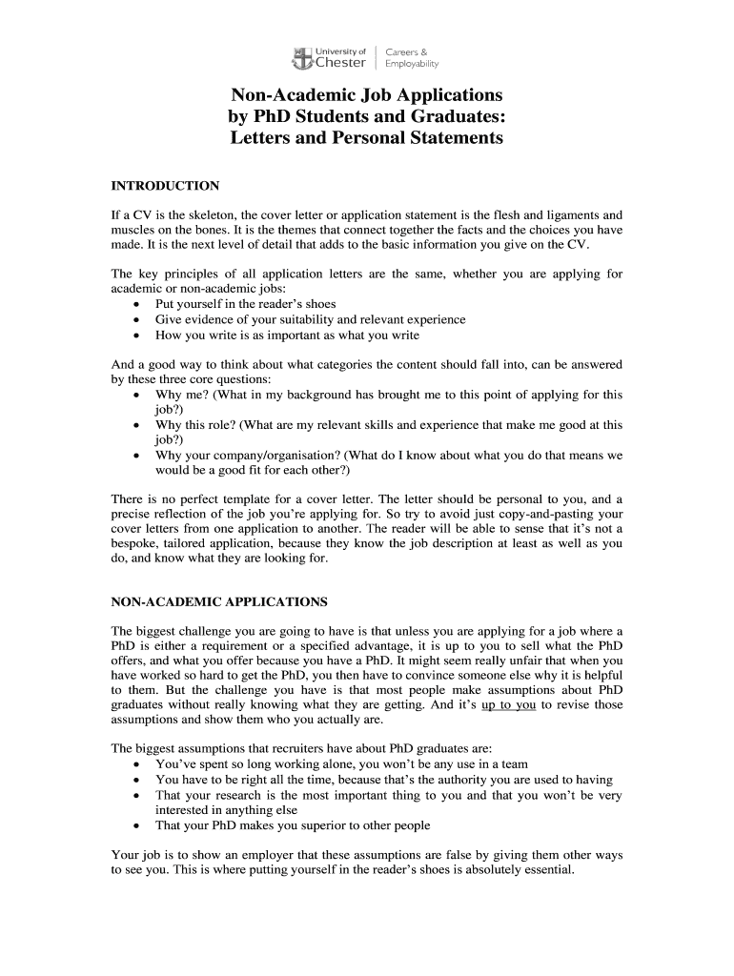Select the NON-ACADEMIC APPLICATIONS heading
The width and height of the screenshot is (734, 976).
point(219,602)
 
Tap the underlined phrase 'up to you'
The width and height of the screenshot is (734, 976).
point(510,705)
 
